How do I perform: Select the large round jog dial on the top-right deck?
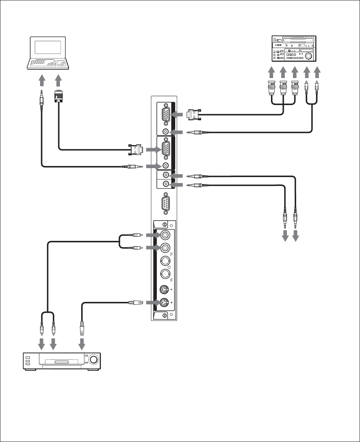[308, 56]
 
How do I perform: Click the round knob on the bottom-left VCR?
[93, 359]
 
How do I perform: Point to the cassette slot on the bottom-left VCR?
[62, 361]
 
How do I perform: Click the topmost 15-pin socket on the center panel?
[165, 114]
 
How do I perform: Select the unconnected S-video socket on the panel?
[164, 290]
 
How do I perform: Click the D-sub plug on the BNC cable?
[194, 114]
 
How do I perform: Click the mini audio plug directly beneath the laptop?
[42, 98]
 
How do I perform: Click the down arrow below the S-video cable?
[82, 344]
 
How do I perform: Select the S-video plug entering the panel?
[135, 303]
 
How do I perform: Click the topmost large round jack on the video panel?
[165, 235]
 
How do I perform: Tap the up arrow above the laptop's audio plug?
[42, 79]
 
